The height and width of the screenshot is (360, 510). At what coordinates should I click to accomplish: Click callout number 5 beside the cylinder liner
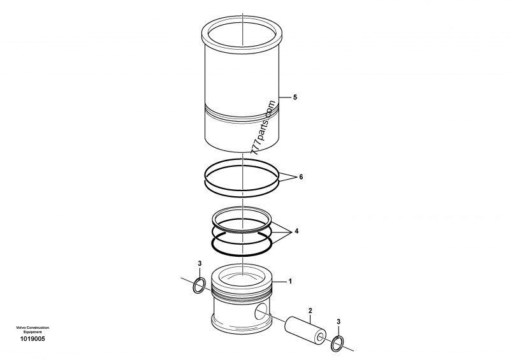pos(295,97)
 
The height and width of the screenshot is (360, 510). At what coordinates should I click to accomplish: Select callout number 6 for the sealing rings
pos(302,176)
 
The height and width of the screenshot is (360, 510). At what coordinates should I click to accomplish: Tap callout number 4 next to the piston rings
pos(296,231)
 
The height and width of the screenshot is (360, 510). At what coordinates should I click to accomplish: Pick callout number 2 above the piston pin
pos(310,311)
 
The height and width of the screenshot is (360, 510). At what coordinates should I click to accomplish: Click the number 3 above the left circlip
pos(200,263)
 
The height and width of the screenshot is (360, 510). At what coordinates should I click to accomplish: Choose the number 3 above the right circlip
pos(338,322)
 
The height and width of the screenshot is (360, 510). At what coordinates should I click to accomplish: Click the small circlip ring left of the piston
pos(199,287)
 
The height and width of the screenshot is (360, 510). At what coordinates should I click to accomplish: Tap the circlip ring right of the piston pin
pos(338,344)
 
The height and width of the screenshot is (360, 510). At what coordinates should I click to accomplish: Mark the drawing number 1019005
pos(33,339)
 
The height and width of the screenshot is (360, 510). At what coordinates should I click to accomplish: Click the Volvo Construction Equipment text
pos(33,329)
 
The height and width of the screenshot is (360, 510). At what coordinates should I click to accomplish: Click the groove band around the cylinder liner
pos(244,117)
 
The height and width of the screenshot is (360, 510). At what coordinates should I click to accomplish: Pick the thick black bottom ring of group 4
pos(243,242)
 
